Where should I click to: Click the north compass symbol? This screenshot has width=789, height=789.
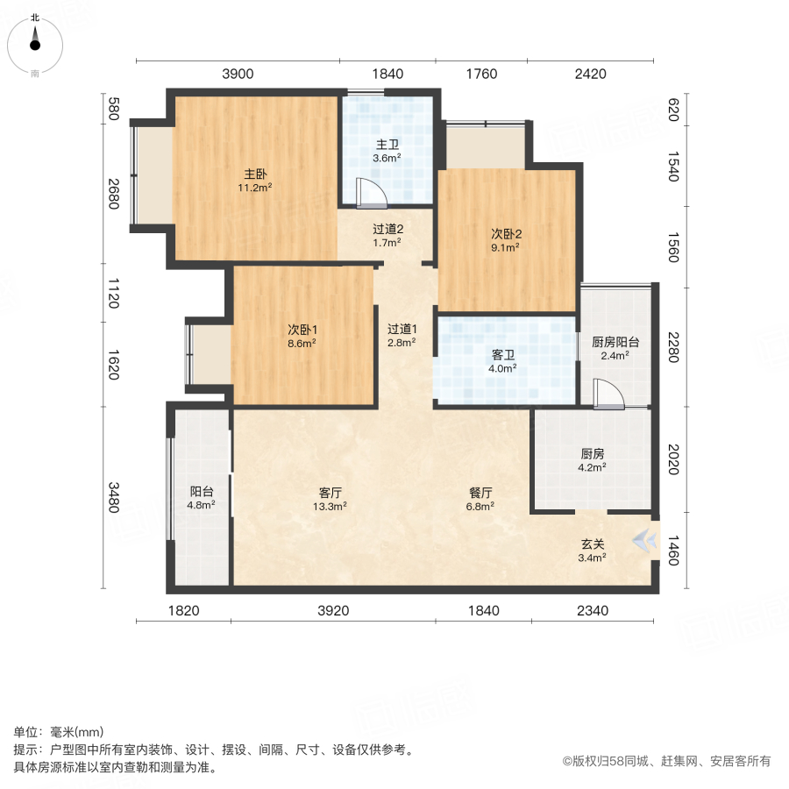tap(35, 44)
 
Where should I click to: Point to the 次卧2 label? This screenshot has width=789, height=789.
tap(506, 234)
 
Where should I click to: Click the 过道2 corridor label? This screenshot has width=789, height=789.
tap(387, 230)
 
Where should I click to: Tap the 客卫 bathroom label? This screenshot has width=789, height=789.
tap(502, 355)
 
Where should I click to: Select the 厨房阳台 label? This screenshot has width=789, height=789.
tap(615, 342)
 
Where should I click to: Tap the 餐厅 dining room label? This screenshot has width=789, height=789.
tap(480, 492)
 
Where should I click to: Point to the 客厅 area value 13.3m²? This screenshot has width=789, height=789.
tap(330, 506)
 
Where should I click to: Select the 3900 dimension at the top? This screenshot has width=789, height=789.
tap(238, 74)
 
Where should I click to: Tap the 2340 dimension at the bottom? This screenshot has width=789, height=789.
tap(594, 610)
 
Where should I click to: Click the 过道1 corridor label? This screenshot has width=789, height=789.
tap(402, 329)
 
